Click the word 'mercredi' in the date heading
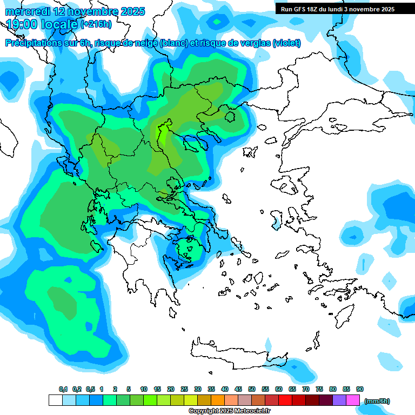(27, 11)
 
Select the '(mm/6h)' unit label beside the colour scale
(377, 401)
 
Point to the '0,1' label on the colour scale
(63, 389)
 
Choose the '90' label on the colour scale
(360, 389)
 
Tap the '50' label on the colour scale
(252, 389)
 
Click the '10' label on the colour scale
(144, 389)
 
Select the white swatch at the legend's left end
(55, 400)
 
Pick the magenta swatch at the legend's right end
(353, 400)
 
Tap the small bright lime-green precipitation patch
(160, 132)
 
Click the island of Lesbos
(286, 187)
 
